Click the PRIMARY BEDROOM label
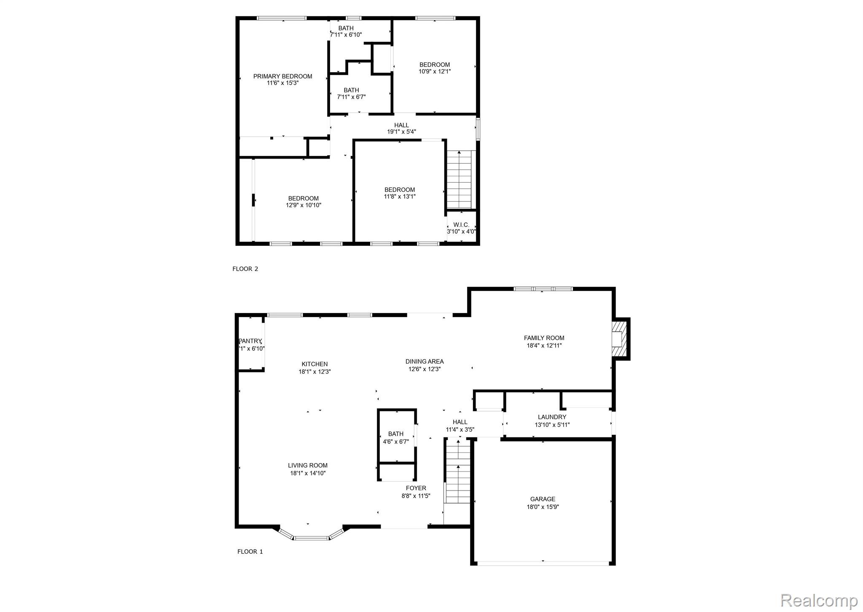[x=282, y=76]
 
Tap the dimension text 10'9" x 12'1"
[x=434, y=72]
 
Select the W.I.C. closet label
[x=461, y=225]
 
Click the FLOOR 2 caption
[x=245, y=269]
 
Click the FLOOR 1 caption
[x=250, y=551]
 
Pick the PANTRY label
[x=250, y=341]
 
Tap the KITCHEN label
[x=315, y=364]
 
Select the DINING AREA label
[x=424, y=361]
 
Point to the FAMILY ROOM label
[x=544, y=338]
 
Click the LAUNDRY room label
[x=552, y=417]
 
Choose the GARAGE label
[x=543, y=499]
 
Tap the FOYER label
[x=416, y=488]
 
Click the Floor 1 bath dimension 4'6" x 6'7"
[x=395, y=442]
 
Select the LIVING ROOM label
[x=308, y=465]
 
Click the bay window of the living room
[x=311, y=537]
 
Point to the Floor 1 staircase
[x=458, y=472]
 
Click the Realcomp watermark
[x=819, y=600]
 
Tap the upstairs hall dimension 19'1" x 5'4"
[x=401, y=132]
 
